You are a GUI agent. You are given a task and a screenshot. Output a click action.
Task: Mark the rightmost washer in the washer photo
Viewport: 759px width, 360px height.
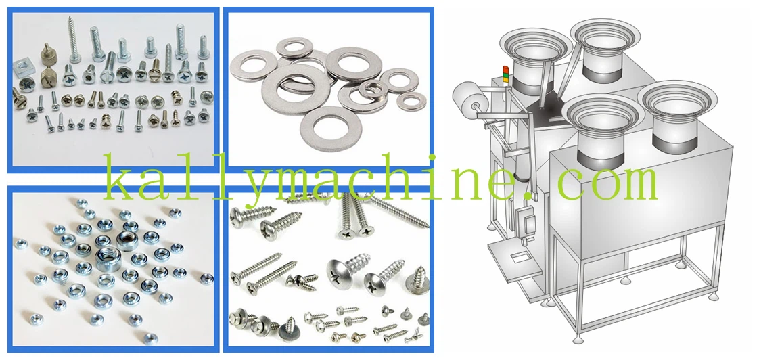(x=411, y=101)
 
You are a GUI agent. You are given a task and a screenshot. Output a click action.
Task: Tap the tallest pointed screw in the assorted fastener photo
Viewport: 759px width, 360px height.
(x=74, y=39)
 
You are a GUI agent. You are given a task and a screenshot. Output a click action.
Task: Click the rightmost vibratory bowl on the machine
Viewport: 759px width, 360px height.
(x=676, y=117)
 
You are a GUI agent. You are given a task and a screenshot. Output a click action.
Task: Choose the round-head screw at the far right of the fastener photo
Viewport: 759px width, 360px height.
(x=207, y=96)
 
